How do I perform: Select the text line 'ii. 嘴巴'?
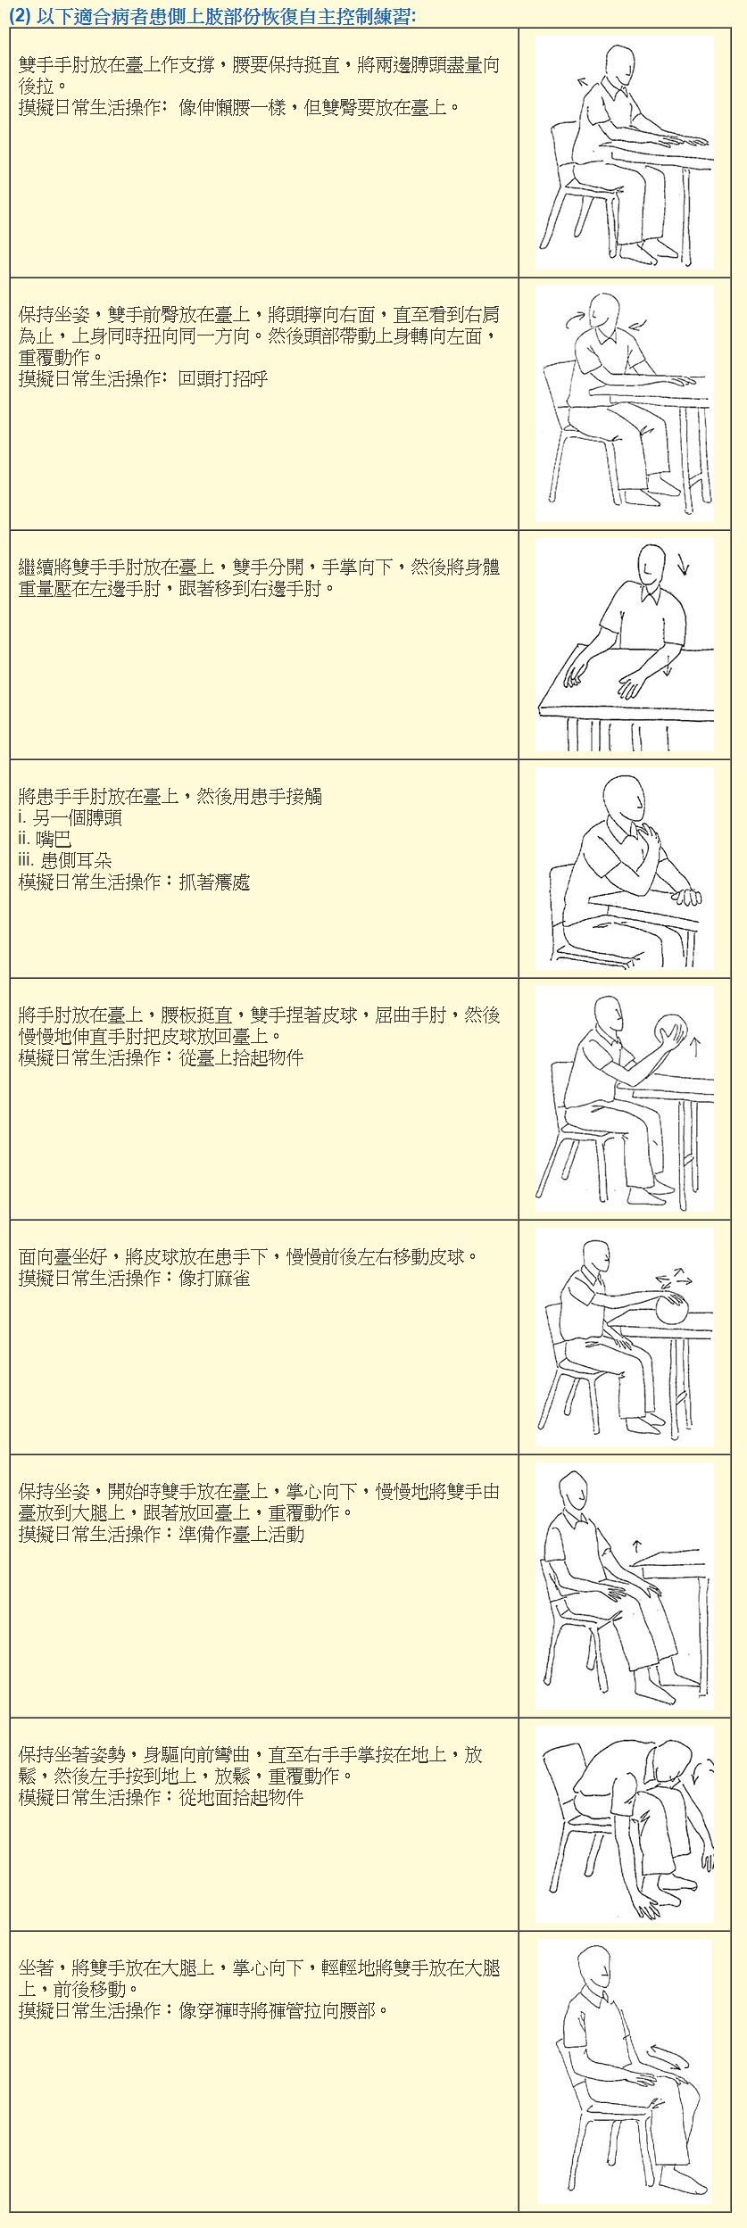45,840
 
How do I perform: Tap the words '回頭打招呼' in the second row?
223,378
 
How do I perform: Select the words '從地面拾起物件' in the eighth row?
241,1797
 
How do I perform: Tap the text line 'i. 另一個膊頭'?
70,818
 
